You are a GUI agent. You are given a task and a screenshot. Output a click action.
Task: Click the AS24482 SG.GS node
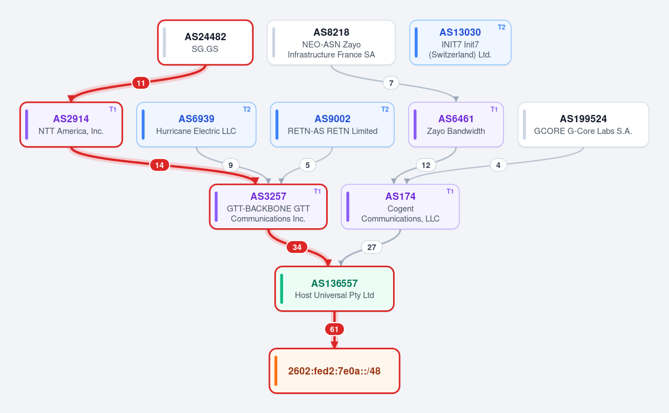[x=206, y=42]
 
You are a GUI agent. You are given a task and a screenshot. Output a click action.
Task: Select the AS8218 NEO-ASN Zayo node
[x=331, y=42]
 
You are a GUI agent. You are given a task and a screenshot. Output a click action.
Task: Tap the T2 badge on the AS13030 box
[x=501, y=27]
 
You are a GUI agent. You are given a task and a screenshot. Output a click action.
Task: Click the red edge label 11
[x=141, y=83]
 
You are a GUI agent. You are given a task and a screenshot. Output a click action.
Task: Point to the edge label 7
[x=391, y=83]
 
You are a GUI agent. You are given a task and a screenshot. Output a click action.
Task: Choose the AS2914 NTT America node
[x=71, y=124]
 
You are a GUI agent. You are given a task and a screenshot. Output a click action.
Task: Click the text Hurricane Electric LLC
[x=196, y=131]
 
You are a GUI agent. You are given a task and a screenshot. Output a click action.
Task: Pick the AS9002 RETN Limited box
[x=332, y=124]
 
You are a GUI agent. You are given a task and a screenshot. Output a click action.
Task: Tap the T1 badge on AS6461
[x=494, y=109]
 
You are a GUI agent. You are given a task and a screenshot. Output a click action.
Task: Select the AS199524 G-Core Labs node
[x=583, y=124]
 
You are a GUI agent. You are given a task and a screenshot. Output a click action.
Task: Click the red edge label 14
[x=159, y=165]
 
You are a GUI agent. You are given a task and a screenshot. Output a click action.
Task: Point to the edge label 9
[x=231, y=165]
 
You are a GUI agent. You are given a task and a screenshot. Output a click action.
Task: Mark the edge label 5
[x=308, y=165]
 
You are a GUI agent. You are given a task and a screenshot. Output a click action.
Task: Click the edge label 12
[x=426, y=165]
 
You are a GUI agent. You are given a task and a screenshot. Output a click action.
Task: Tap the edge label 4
[x=498, y=165]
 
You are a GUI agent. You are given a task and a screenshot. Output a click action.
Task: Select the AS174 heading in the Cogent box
[x=400, y=196]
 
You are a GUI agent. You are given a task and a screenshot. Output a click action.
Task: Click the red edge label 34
[x=297, y=247]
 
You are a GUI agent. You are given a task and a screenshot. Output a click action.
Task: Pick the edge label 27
[x=371, y=247]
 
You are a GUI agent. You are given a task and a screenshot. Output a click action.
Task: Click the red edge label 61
[x=334, y=329]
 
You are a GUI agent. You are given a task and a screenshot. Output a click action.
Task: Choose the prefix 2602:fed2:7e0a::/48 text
[x=334, y=371]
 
